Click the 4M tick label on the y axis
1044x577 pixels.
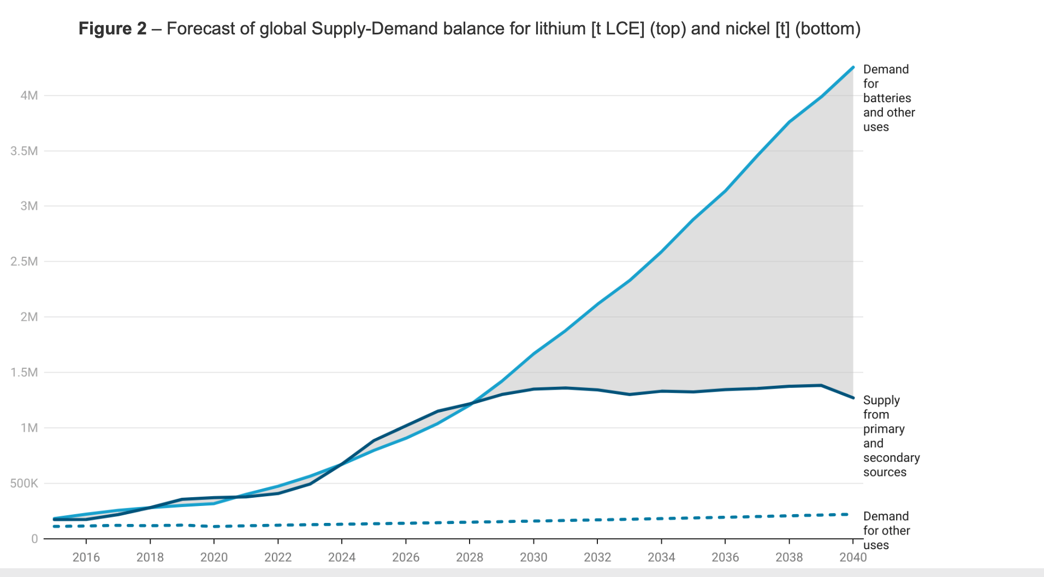tap(29, 96)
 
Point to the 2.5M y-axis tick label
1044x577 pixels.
tap(24, 261)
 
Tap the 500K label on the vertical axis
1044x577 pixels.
tap(24, 483)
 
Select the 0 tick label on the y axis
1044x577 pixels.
tap(34, 539)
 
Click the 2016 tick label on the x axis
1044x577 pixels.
tap(86, 557)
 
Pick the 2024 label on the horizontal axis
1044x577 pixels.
tap(342, 557)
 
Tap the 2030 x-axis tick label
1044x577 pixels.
tap(533, 557)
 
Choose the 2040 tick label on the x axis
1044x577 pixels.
tap(853, 557)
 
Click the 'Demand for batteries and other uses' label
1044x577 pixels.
tap(888, 98)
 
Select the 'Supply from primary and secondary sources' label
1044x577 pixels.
tap(891, 436)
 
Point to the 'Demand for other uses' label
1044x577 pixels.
tap(886, 531)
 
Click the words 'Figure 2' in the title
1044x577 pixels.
tap(112, 28)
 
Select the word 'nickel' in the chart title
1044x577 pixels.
tap(744, 28)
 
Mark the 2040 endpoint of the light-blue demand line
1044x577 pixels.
tap(853, 67)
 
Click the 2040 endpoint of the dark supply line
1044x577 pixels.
tap(853, 398)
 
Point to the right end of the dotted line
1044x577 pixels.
tap(847, 515)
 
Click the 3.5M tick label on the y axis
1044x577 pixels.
tap(24, 151)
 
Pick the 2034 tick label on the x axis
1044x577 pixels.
tap(661, 557)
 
